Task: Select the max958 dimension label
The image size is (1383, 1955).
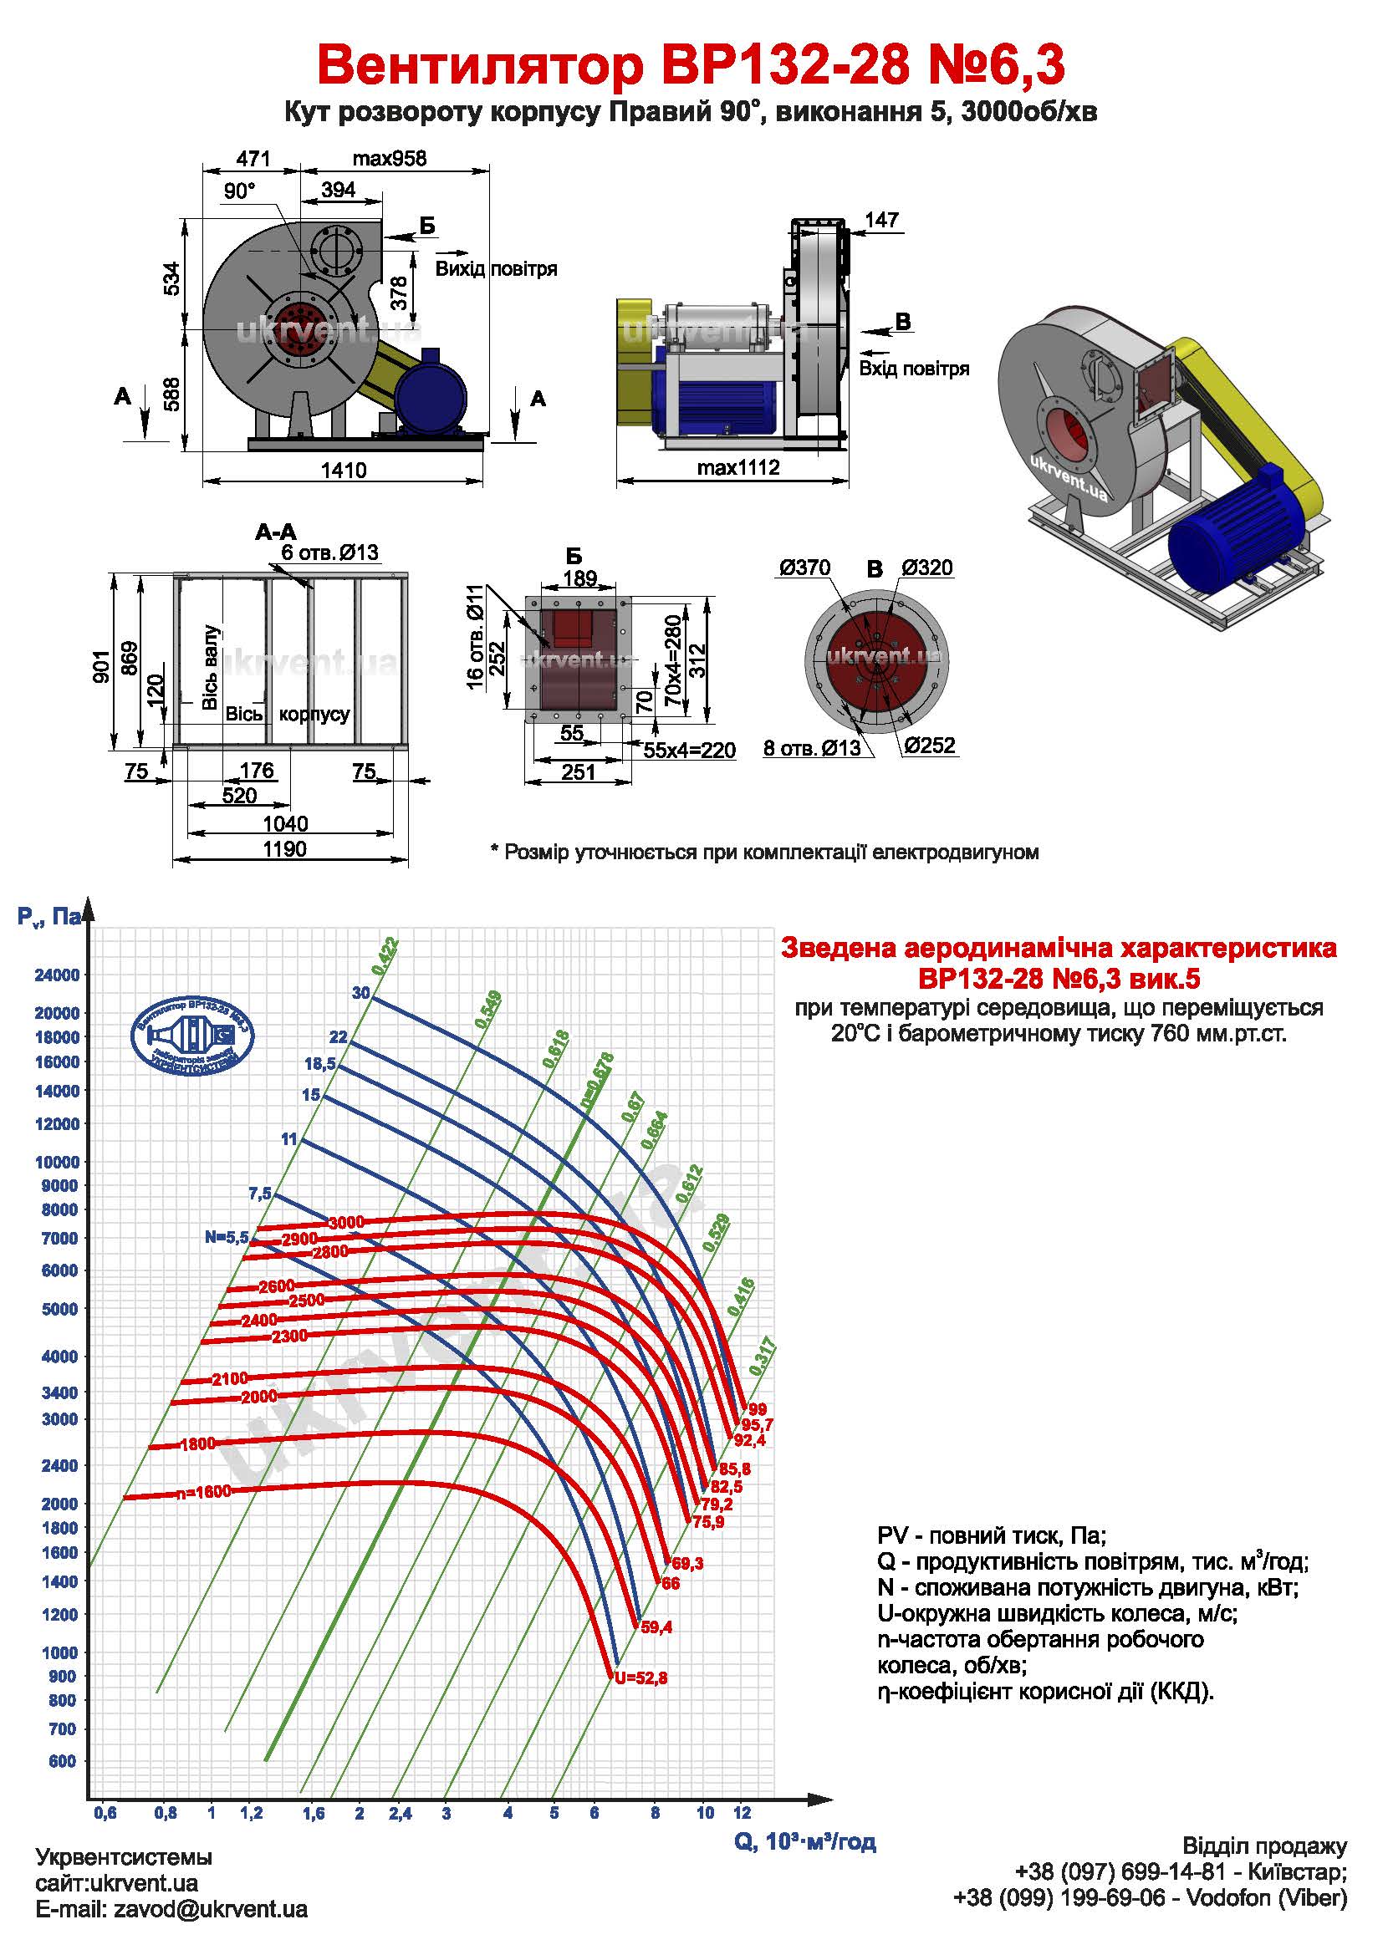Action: pyautogui.click(x=389, y=158)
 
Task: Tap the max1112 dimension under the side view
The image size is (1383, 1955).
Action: pyautogui.click(x=737, y=467)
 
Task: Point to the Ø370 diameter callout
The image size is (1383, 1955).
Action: pyautogui.click(x=804, y=568)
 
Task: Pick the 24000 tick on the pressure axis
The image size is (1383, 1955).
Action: pyautogui.click(x=57, y=975)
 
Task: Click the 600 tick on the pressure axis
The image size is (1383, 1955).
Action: pyautogui.click(x=62, y=1761)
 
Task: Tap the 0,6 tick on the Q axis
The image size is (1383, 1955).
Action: pyautogui.click(x=105, y=1814)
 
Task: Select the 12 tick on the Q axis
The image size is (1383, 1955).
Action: pyautogui.click(x=743, y=1814)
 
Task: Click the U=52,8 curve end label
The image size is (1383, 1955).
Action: pyautogui.click(x=640, y=1678)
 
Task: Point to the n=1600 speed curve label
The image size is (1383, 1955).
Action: pyautogui.click(x=203, y=1493)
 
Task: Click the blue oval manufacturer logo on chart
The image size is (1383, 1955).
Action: pyautogui.click(x=192, y=1035)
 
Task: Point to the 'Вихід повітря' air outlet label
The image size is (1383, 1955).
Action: pyautogui.click(x=497, y=269)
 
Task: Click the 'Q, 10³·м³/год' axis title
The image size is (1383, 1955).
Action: pyautogui.click(x=804, y=1842)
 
